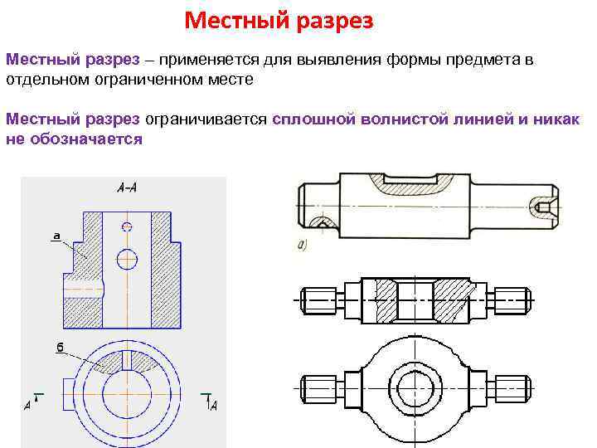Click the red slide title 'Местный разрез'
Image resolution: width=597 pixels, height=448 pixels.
pos(278,20)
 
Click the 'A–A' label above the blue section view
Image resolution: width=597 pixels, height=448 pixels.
pos(128,188)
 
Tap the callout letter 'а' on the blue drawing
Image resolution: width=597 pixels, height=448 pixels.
pos(56,236)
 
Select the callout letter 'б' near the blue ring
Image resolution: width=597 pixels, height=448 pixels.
pos(61,348)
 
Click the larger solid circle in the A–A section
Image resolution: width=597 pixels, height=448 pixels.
pos(126,258)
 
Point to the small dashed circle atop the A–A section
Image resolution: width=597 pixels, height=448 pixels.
pos(126,226)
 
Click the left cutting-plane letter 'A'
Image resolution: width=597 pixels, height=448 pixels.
pos(27,406)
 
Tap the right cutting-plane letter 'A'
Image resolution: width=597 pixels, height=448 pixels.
pos(214,406)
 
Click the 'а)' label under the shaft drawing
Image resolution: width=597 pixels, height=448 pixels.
pos(302,245)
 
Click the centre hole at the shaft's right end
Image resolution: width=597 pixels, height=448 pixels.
pos(543,205)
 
